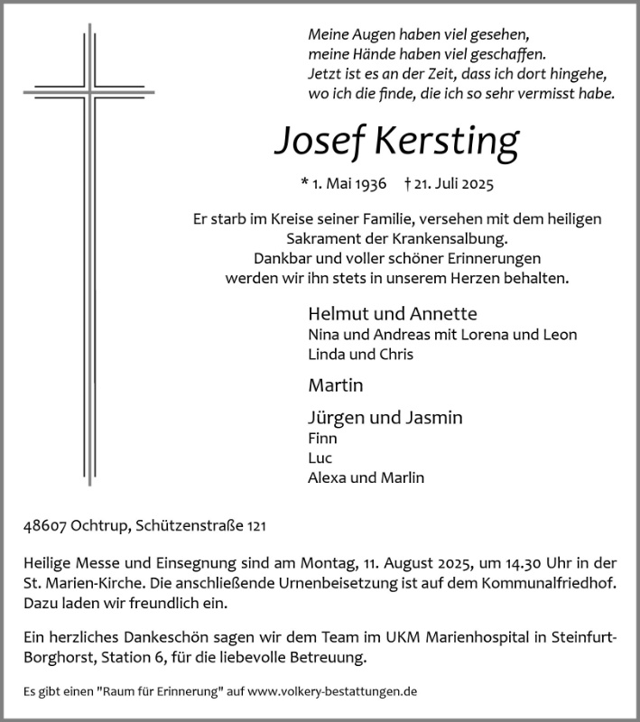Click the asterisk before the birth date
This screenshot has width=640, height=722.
coord(304,182)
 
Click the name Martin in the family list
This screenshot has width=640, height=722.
coord(335,385)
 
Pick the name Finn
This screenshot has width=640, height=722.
coord(322,438)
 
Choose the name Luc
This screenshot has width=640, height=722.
coord(320,458)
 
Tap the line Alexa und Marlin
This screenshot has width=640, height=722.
coord(366,477)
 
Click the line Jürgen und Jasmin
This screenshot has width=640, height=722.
coord(385,418)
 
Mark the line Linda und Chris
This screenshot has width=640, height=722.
coord(360,354)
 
